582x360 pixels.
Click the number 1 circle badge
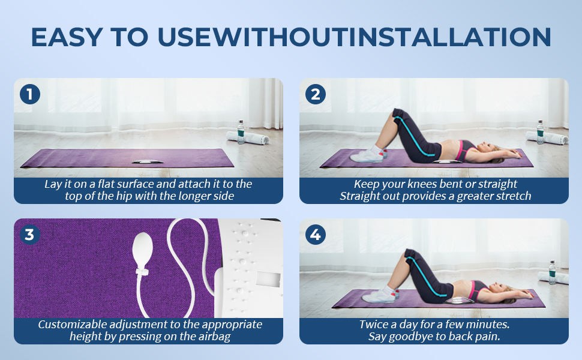30,94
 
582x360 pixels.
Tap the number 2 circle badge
316,94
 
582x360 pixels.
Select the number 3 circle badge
30,235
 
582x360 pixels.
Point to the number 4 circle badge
316,235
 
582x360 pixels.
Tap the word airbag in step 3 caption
215,337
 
